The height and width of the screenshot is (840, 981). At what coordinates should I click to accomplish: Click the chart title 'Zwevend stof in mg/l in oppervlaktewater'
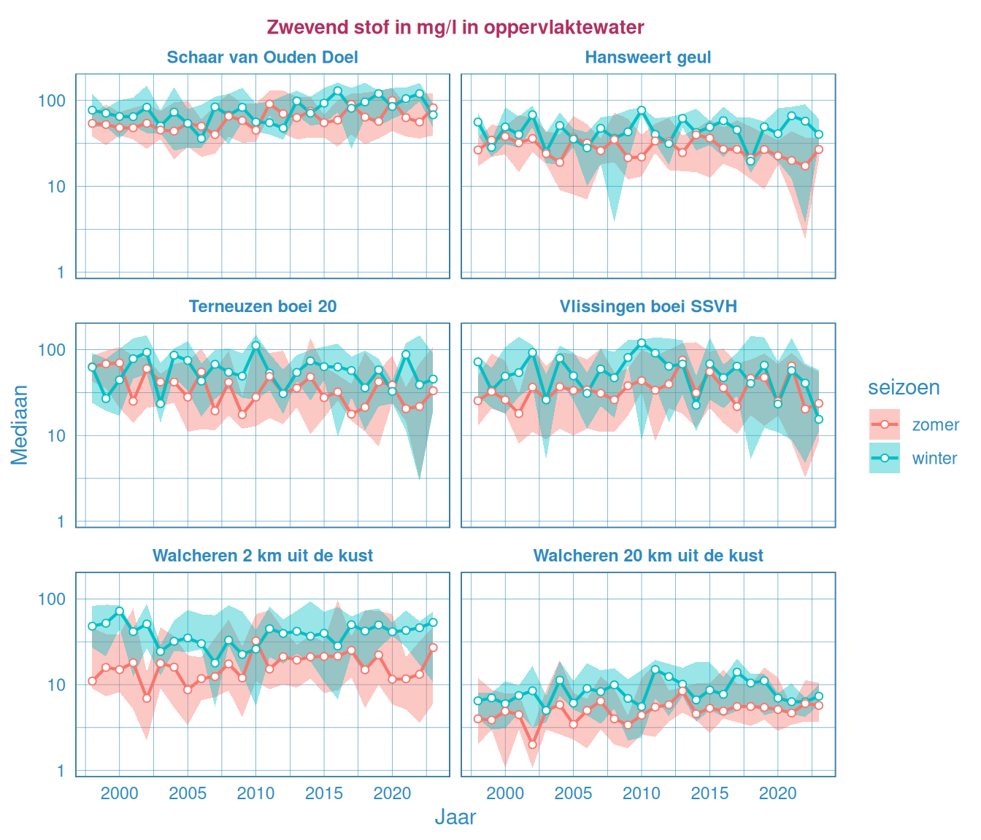tap(455, 28)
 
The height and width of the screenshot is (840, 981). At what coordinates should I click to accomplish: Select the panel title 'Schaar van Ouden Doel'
tap(262, 58)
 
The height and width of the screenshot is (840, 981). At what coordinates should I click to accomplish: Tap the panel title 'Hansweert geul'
tap(647, 58)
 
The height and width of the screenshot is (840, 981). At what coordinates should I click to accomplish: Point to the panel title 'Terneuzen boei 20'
tap(262, 306)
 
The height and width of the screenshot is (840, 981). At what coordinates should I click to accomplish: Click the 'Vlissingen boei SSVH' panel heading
tap(647, 306)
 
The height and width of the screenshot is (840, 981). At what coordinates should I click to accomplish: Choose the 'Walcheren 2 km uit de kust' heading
tap(262, 556)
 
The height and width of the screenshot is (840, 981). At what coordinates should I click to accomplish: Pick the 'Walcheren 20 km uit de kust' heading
tap(647, 556)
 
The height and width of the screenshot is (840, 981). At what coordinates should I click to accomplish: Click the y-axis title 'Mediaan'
tap(20, 425)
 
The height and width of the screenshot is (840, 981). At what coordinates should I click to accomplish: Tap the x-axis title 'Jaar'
tap(455, 817)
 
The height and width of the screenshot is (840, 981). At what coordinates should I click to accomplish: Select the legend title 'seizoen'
tap(903, 387)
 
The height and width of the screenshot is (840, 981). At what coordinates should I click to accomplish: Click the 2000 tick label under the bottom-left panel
tap(119, 793)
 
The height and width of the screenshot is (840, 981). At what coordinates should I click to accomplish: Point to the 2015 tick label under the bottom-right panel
tap(709, 793)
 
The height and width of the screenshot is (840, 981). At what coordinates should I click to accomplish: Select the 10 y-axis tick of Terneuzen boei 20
tap(56, 436)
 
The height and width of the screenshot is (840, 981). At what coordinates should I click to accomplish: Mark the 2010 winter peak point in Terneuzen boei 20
tap(255, 346)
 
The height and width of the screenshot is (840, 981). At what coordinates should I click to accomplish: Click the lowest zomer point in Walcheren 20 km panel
tap(532, 744)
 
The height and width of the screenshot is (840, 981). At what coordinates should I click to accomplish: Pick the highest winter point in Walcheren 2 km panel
tap(120, 611)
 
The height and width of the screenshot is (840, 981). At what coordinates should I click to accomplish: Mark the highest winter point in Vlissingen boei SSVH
tap(642, 343)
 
